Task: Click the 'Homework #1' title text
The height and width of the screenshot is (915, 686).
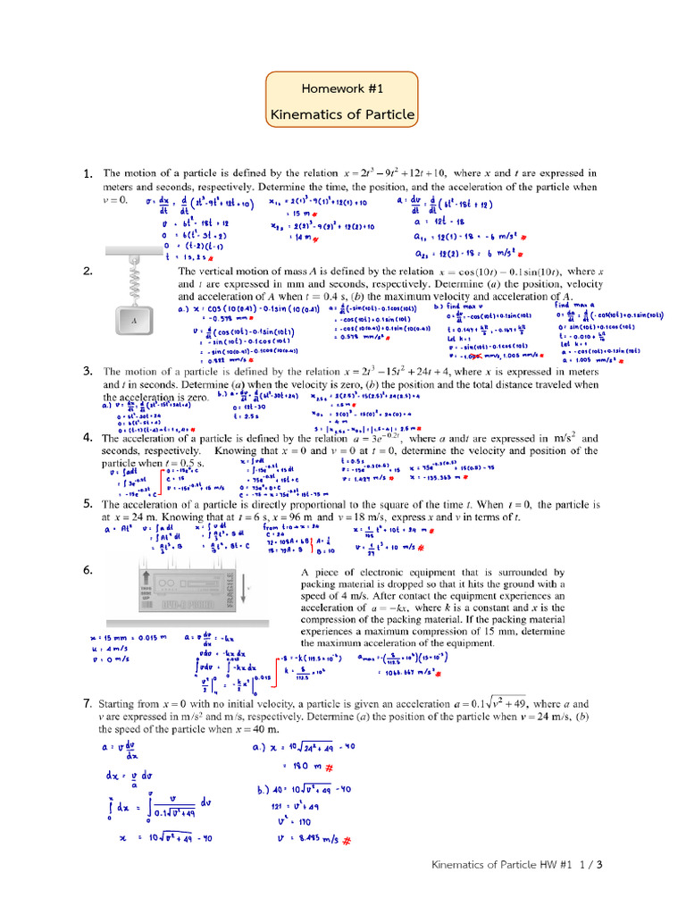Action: tap(342, 88)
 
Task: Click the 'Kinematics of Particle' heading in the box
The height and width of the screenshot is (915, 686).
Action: tap(342, 114)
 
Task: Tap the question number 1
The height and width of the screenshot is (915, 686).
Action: tap(88, 173)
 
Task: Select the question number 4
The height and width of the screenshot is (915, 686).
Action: tap(88, 438)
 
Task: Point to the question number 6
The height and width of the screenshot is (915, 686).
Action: tap(88, 569)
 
